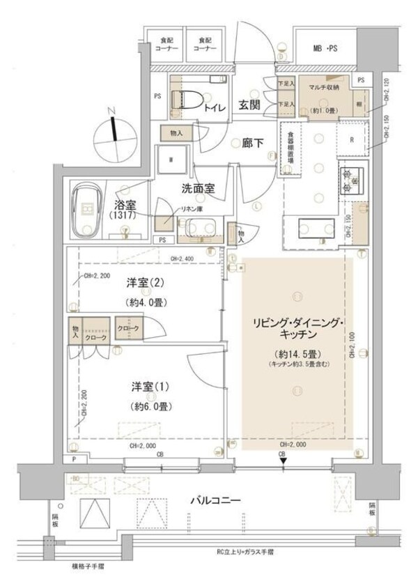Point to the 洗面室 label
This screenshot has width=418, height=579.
pyautogui.click(x=198, y=187)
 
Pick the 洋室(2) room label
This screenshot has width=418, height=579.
pyautogui.click(x=146, y=283)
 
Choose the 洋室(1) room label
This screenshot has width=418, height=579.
pyautogui.click(x=146, y=387)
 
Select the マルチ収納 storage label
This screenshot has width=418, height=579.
pyautogui.click(x=325, y=87)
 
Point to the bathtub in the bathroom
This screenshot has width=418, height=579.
pyautogui.click(x=88, y=209)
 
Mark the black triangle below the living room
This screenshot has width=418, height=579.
pyautogui.click(x=283, y=460)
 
